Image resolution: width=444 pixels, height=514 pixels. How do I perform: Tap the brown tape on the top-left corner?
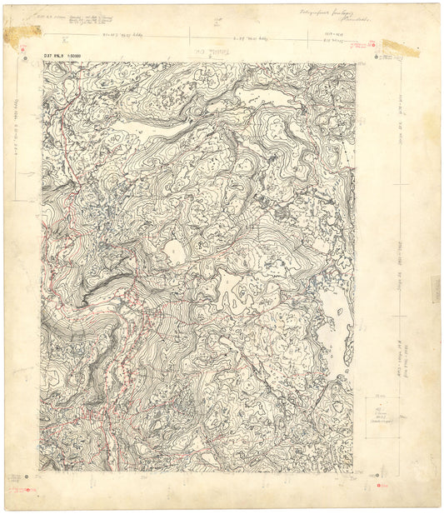22,34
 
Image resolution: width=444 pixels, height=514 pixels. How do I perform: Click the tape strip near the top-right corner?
401,48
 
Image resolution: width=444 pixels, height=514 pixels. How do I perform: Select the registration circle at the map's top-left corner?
32,56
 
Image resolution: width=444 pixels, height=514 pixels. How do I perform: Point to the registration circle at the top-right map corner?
379,57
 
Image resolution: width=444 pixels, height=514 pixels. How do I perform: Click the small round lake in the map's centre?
176,250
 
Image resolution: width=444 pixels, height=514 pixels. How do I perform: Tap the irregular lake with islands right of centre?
237,294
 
